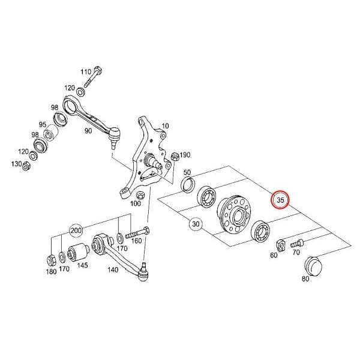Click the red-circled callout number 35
(x=280, y=200)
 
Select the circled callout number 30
(x=196, y=224)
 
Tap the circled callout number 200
(x=76, y=230)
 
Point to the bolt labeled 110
(x=93, y=76)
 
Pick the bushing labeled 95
(x=51, y=133)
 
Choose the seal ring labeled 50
(x=188, y=184)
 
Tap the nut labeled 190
(x=175, y=157)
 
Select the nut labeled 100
(x=140, y=195)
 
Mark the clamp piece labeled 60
(x=281, y=245)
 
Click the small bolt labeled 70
(x=297, y=243)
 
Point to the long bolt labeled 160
(x=137, y=232)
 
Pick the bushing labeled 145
(x=78, y=253)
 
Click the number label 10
(x=165, y=126)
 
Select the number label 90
(x=88, y=131)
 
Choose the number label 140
(x=113, y=269)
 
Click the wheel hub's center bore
(x=238, y=216)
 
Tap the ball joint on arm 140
(x=143, y=273)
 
